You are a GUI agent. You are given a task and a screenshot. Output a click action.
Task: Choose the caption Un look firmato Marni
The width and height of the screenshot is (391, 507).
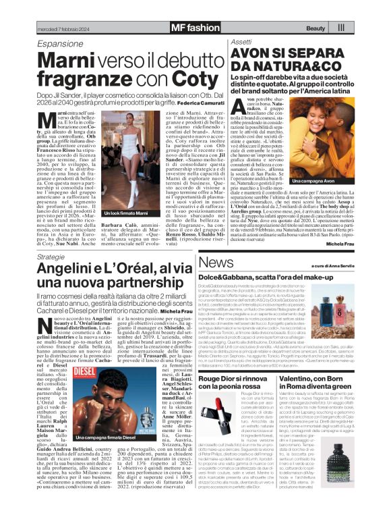(x=126, y=231)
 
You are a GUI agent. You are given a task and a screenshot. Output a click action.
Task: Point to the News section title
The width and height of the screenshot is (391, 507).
(x=216, y=262)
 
